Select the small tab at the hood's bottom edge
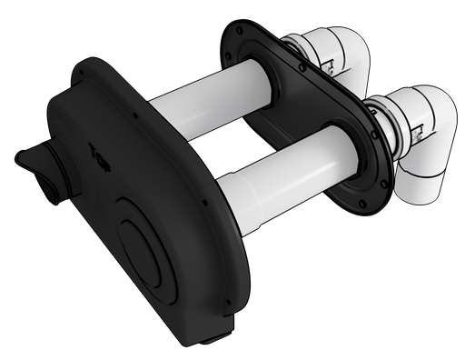(x=219, y=338)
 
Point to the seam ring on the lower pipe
(x=260, y=219)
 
